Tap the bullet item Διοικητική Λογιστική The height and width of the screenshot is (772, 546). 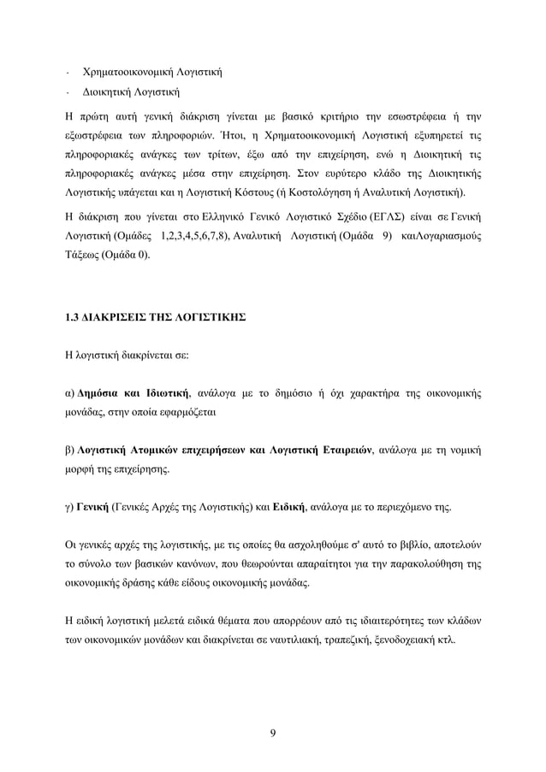[x=130, y=91]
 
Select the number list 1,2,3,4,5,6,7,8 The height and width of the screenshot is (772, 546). [x=199, y=234]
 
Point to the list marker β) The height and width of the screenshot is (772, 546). [x=68, y=450]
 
